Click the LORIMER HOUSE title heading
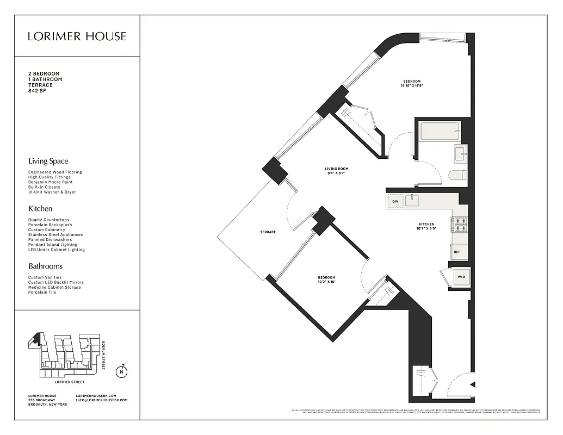(x=77, y=36)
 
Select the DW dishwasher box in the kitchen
(x=395, y=202)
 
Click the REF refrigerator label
(x=457, y=252)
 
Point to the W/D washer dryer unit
(x=461, y=277)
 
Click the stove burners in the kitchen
(x=459, y=222)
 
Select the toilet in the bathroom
(x=458, y=175)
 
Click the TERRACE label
(x=268, y=232)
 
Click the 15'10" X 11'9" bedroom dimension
(x=412, y=86)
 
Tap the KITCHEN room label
(x=426, y=224)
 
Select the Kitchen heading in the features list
(x=40, y=208)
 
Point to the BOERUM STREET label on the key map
(x=104, y=355)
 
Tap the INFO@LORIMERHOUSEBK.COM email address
(x=102, y=400)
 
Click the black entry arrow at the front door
(x=472, y=384)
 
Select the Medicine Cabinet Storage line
(x=54, y=287)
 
